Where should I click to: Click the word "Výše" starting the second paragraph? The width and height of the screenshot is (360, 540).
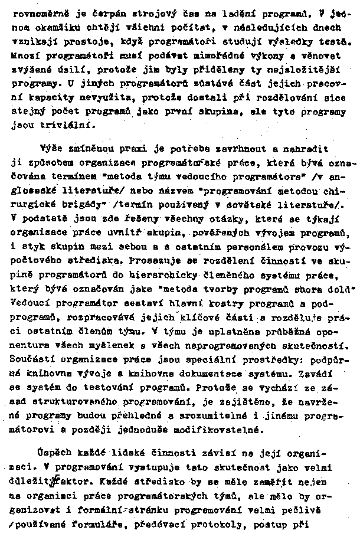pyautogui.click(x=51, y=148)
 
